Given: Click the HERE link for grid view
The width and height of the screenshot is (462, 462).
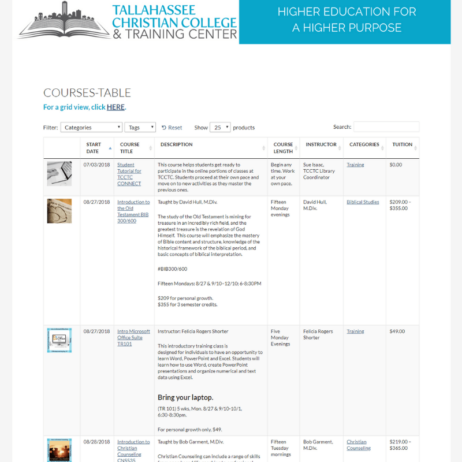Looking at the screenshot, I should [115, 107].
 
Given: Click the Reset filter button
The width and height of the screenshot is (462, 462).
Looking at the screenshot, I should [172, 128].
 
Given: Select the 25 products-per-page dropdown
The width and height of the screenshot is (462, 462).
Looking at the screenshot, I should [220, 128].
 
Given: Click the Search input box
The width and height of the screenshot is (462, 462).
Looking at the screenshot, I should [386, 127].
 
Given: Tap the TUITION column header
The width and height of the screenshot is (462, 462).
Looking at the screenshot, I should [403, 145].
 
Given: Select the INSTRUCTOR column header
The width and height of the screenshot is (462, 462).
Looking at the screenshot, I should [321, 145].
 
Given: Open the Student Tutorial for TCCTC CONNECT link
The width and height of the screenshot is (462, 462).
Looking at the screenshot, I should [129, 174].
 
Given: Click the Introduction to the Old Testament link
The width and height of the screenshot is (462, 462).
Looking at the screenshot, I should [133, 211].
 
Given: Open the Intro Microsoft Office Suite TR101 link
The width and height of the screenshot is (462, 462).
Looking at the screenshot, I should [133, 337].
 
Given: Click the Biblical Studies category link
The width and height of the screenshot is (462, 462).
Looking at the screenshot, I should [363, 202].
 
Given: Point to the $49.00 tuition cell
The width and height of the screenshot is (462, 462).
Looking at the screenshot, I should [397, 331].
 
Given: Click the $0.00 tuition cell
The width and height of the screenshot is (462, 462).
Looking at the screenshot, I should [396, 165].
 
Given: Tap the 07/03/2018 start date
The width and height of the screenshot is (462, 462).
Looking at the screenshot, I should [96, 165].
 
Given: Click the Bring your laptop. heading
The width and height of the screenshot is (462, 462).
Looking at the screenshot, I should [185, 397].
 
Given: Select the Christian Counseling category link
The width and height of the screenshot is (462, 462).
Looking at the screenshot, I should [359, 445].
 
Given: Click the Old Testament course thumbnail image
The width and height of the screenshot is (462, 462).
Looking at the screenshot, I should [59, 211].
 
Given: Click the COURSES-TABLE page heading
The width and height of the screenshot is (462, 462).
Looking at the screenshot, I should [87, 93].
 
